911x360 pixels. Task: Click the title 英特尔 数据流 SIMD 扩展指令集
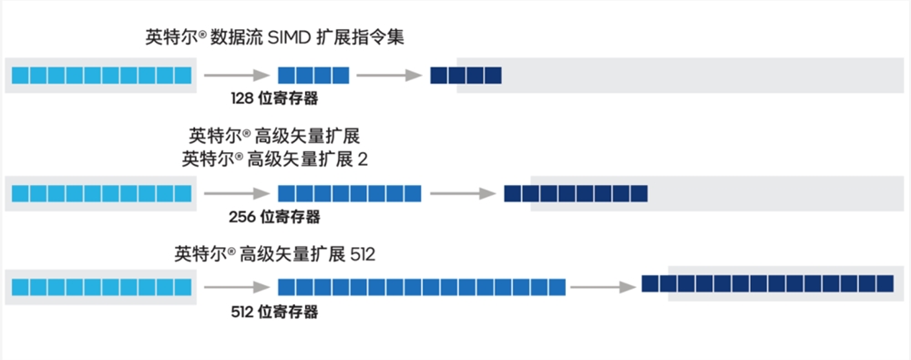coord(274,37)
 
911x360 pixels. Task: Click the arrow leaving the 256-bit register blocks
coord(462,193)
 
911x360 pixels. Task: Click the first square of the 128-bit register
coord(286,76)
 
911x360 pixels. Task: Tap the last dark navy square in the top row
coord(493,76)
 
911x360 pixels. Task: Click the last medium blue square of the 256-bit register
coord(413,193)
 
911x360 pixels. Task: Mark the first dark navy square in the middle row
coord(512,193)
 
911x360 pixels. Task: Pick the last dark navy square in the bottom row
coord(883,283)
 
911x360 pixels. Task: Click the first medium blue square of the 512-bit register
coord(286,286)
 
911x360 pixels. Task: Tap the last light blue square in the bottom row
coord(183,286)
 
